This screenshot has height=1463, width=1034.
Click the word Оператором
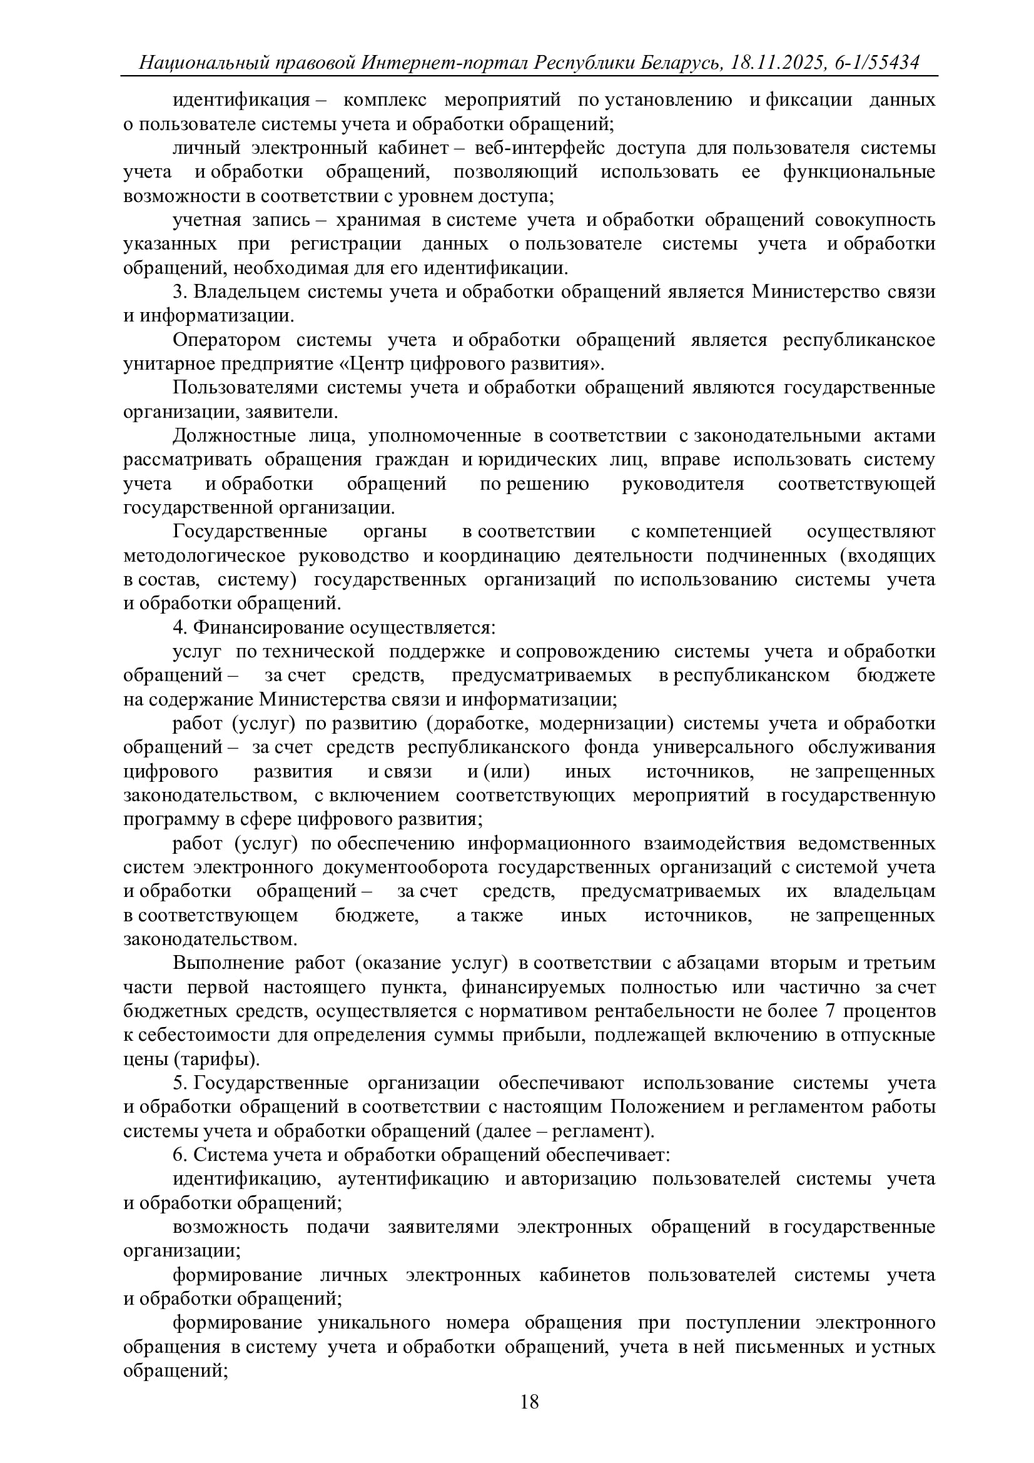pyautogui.click(x=226, y=340)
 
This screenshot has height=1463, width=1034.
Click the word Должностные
pyautogui.click(x=234, y=436)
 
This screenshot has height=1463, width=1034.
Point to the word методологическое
pyautogui.click(x=205, y=555)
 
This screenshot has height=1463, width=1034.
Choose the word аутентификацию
pyautogui.click(x=413, y=1179)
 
